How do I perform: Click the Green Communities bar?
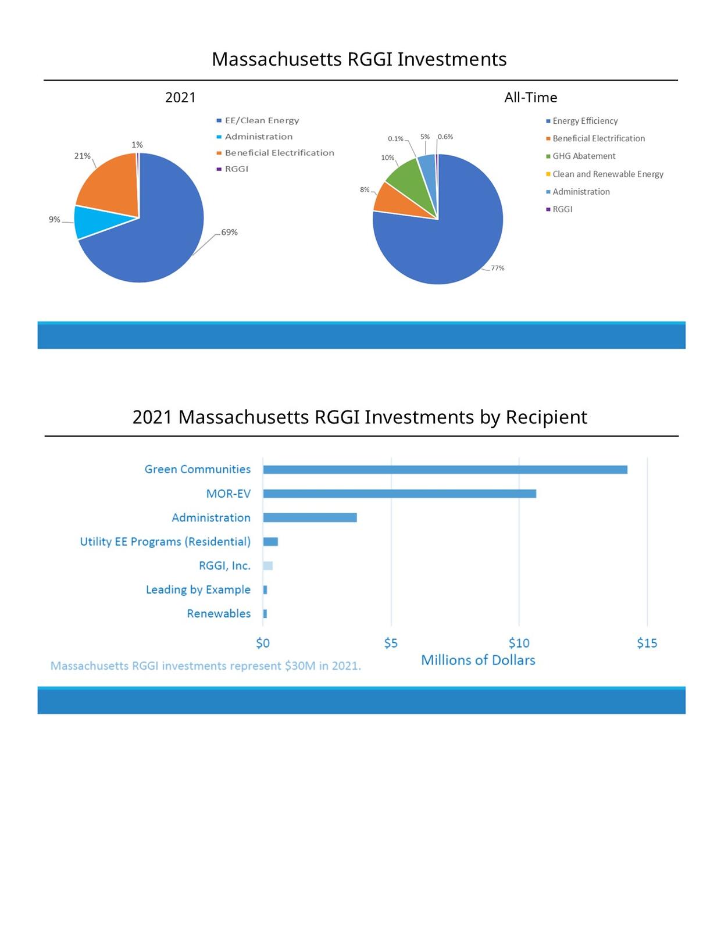tap(445, 470)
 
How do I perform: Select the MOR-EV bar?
tap(399, 494)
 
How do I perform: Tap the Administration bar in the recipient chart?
tap(310, 517)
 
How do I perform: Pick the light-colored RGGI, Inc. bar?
tap(267, 566)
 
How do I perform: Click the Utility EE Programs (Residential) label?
tap(165, 542)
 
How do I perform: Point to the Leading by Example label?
tap(198, 589)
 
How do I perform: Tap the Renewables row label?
tap(219, 614)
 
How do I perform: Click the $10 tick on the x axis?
tap(519, 643)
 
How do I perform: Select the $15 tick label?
tap(647, 643)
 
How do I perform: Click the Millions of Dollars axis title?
tap(478, 660)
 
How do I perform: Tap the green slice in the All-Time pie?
tap(410, 180)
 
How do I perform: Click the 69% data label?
tap(229, 233)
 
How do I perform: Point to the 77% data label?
tap(497, 269)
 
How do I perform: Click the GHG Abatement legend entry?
tap(584, 156)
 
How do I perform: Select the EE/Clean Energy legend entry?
tap(262, 121)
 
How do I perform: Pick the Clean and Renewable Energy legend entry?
tap(608, 174)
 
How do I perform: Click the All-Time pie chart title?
tap(530, 98)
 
